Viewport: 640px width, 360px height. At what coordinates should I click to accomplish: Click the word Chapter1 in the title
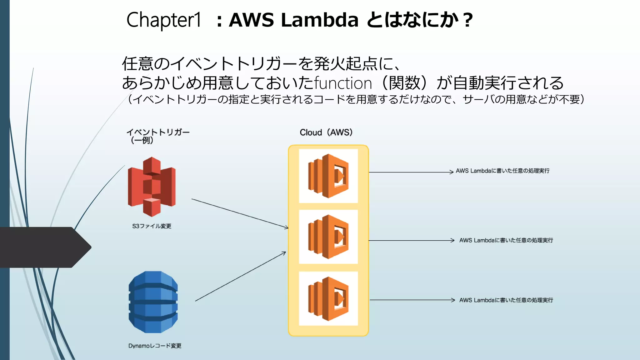click(x=164, y=20)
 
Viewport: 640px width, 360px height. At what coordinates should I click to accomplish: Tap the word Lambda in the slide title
click(x=319, y=20)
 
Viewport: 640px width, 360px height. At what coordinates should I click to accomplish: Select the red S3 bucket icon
click(x=152, y=187)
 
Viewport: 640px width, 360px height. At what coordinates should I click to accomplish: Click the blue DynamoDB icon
click(x=153, y=302)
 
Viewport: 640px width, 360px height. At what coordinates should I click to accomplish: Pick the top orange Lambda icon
click(x=328, y=176)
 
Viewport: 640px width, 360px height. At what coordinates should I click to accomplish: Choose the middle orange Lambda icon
click(x=328, y=237)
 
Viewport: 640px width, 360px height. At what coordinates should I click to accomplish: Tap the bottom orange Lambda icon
click(x=328, y=298)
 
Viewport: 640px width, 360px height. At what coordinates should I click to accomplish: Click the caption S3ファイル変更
click(x=152, y=226)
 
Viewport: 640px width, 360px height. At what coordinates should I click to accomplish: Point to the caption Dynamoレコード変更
click(x=155, y=346)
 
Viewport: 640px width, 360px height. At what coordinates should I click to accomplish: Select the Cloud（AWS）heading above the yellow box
click(x=326, y=132)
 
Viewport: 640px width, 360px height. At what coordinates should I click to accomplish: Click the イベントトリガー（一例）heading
click(x=157, y=136)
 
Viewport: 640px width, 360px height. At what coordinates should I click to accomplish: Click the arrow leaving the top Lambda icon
click(x=411, y=172)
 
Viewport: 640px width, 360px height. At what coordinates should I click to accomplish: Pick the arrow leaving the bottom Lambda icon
click(x=412, y=300)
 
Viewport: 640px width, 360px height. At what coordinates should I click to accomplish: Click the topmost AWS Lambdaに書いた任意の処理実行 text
click(x=502, y=171)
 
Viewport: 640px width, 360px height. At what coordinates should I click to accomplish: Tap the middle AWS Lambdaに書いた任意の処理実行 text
click(x=506, y=240)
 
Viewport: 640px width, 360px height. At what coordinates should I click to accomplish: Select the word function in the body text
click(x=343, y=83)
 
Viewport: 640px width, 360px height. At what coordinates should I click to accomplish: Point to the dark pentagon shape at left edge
click(x=44, y=247)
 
